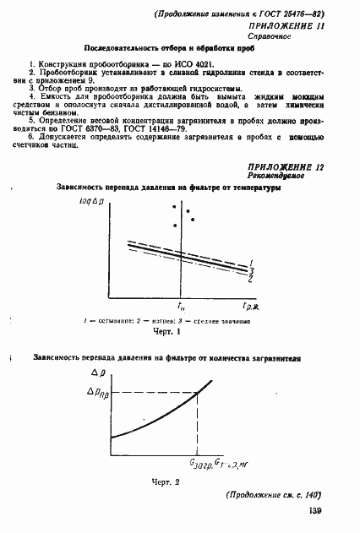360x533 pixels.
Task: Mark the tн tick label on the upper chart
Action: [x=180, y=306]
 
